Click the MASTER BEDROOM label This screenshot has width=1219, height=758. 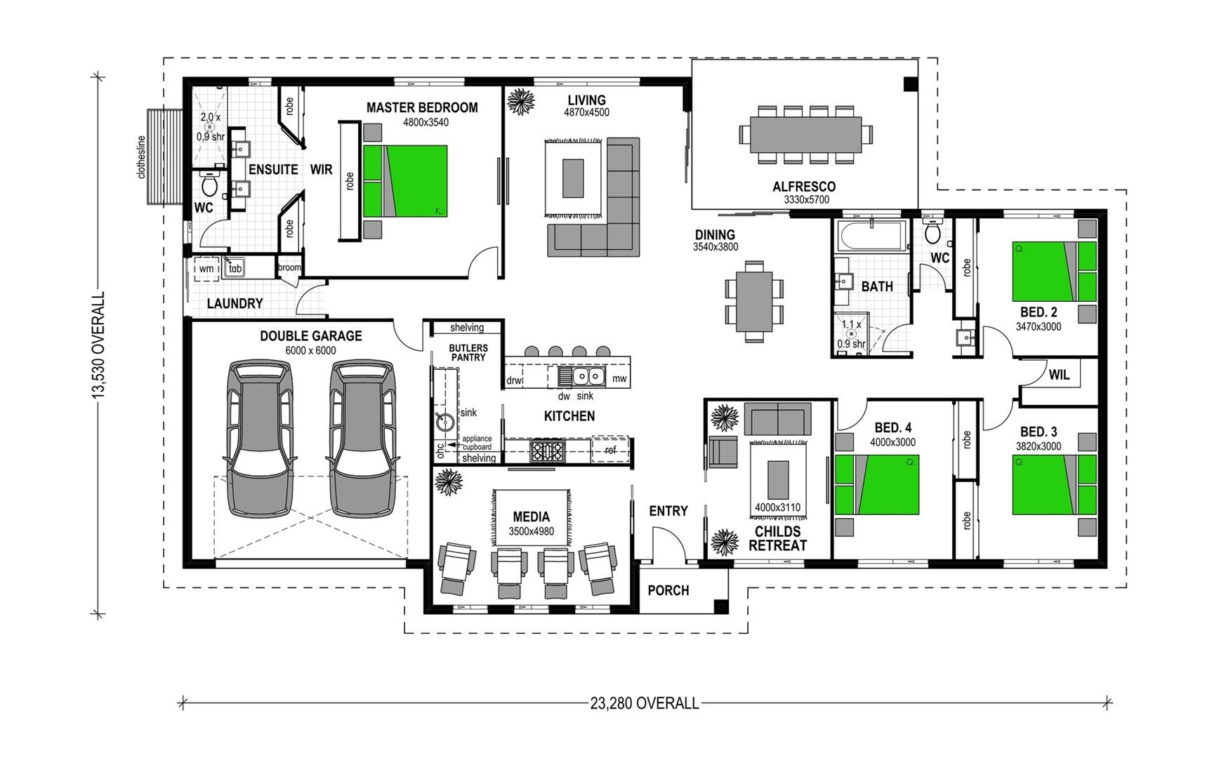pos(421,107)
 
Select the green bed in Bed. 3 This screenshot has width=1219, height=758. pos(1053,484)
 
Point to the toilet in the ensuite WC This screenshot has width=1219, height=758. pos(209,185)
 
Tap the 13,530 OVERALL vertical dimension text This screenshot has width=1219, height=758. pos(99,347)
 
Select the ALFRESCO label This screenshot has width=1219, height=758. pos(804,187)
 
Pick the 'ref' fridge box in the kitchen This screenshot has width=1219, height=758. pos(609,450)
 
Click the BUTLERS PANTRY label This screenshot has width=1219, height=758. pos(468,352)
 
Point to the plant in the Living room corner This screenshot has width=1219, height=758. pos(521,101)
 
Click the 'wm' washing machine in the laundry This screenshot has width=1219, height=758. pos(206,269)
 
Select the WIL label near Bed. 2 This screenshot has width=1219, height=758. pos(1059,375)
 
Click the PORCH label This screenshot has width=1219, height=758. pos(668,590)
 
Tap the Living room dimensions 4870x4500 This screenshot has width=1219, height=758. pos(586,112)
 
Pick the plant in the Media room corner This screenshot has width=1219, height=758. pos(447,482)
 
